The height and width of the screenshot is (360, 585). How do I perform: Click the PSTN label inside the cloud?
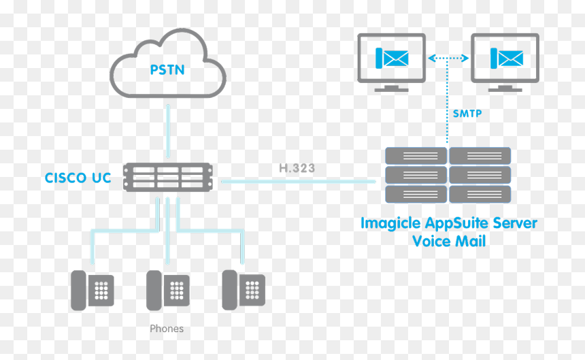pyautogui.click(x=167, y=70)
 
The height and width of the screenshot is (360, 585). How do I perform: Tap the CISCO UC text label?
pyautogui.click(x=78, y=178)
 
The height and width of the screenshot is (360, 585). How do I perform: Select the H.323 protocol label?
pyautogui.click(x=297, y=168)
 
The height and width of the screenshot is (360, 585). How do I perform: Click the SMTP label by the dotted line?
pyautogui.click(x=467, y=114)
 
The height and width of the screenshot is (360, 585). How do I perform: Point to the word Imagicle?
pyautogui.click(x=390, y=223)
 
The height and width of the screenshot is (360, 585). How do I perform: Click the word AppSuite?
pyautogui.click(x=456, y=223)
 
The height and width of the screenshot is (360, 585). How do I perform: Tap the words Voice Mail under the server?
pyautogui.click(x=449, y=241)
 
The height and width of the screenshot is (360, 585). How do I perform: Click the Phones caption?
pyautogui.click(x=167, y=329)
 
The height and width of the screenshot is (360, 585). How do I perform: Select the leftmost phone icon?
pyautogui.click(x=92, y=290)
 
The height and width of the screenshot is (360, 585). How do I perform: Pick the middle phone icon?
pyautogui.click(x=168, y=290)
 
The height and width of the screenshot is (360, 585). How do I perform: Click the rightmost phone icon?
pyautogui.click(x=244, y=290)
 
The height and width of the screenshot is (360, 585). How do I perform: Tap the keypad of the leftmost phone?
pyautogui.click(x=101, y=290)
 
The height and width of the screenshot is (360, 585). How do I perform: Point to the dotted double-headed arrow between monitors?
pyautogui.click(x=448, y=58)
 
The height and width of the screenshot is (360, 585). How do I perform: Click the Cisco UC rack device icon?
pyautogui.click(x=168, y=177)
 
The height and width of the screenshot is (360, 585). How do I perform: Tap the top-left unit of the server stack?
pyautogui.click(x=416, y=156)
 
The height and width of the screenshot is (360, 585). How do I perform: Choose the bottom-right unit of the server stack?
pyautogui.click(x=480, y=195)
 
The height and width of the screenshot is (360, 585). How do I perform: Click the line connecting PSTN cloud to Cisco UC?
pyautogui.click(x=168, y=131)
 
